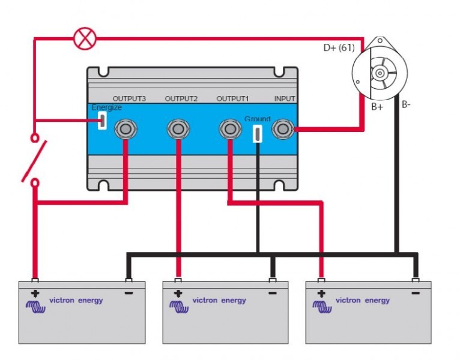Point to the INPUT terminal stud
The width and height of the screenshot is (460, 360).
pos(283,128)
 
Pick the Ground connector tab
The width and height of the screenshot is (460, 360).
pos(258,133)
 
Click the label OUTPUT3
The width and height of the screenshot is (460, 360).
pos(130,98)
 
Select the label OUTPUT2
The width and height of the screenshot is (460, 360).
pos(181,98)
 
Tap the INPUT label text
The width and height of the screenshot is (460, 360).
pos(285,98)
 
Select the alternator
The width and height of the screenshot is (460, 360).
pos(379,69)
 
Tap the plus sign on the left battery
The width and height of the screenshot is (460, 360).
pos(34,293)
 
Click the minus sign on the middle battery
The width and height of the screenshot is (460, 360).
pos(273,293)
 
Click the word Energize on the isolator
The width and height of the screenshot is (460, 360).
pos(106,107)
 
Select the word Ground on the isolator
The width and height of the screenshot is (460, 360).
pos(258,119)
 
